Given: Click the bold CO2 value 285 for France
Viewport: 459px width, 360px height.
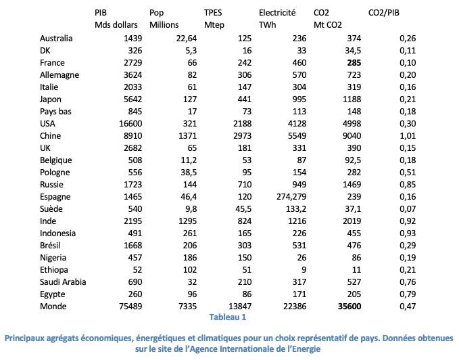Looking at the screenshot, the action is [x=354, y=63].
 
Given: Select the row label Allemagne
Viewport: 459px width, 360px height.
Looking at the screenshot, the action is [x=59, y=75].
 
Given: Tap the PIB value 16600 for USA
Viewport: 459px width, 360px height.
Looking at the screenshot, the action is [x=130, y=124].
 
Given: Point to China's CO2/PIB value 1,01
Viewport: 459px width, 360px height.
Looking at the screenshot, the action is [x=408, y=136].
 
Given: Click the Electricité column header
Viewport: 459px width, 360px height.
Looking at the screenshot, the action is [x=277, y=13].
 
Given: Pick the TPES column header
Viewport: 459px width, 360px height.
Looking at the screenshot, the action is [x=213, y=13].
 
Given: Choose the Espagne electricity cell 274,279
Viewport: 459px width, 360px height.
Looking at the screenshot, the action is [x=291, y=197].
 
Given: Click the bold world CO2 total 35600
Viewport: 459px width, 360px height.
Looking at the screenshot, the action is [x=349, y=307].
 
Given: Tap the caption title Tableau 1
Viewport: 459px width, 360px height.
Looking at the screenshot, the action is [x=228, y=317].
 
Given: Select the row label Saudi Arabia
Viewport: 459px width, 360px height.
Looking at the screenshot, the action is [x=63, y=282].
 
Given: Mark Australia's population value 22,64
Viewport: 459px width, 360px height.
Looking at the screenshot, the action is [x=187, y=39].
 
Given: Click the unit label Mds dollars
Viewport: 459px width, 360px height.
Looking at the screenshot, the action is [x=116, y=25].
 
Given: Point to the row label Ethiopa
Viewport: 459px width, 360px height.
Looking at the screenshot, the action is [x=54, y=270].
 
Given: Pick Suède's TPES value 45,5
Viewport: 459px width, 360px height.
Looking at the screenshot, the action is [x=243, y=209].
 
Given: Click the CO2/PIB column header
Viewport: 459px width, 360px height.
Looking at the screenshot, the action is [x=384, y=13].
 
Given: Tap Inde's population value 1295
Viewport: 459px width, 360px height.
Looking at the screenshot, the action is [x=188, y=221].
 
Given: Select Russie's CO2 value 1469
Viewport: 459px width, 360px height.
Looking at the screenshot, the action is [x=352, y=185].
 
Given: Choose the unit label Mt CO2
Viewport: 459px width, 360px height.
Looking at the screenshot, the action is [x=328, y=25].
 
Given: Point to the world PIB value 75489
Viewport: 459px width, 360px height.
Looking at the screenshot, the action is [x=130, y=307].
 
